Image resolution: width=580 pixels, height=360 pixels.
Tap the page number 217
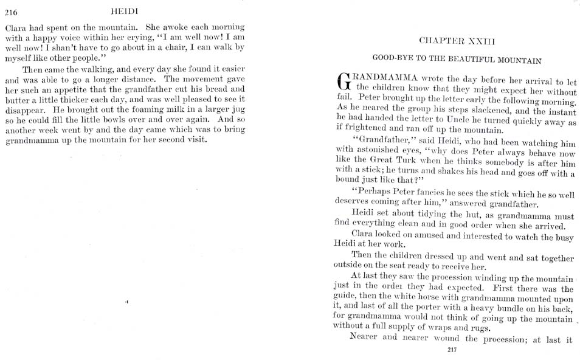tap(451, 349)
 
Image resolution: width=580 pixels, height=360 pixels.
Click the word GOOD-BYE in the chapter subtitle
tap(392, 61)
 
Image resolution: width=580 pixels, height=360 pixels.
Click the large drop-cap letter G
tap(344, 83)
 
